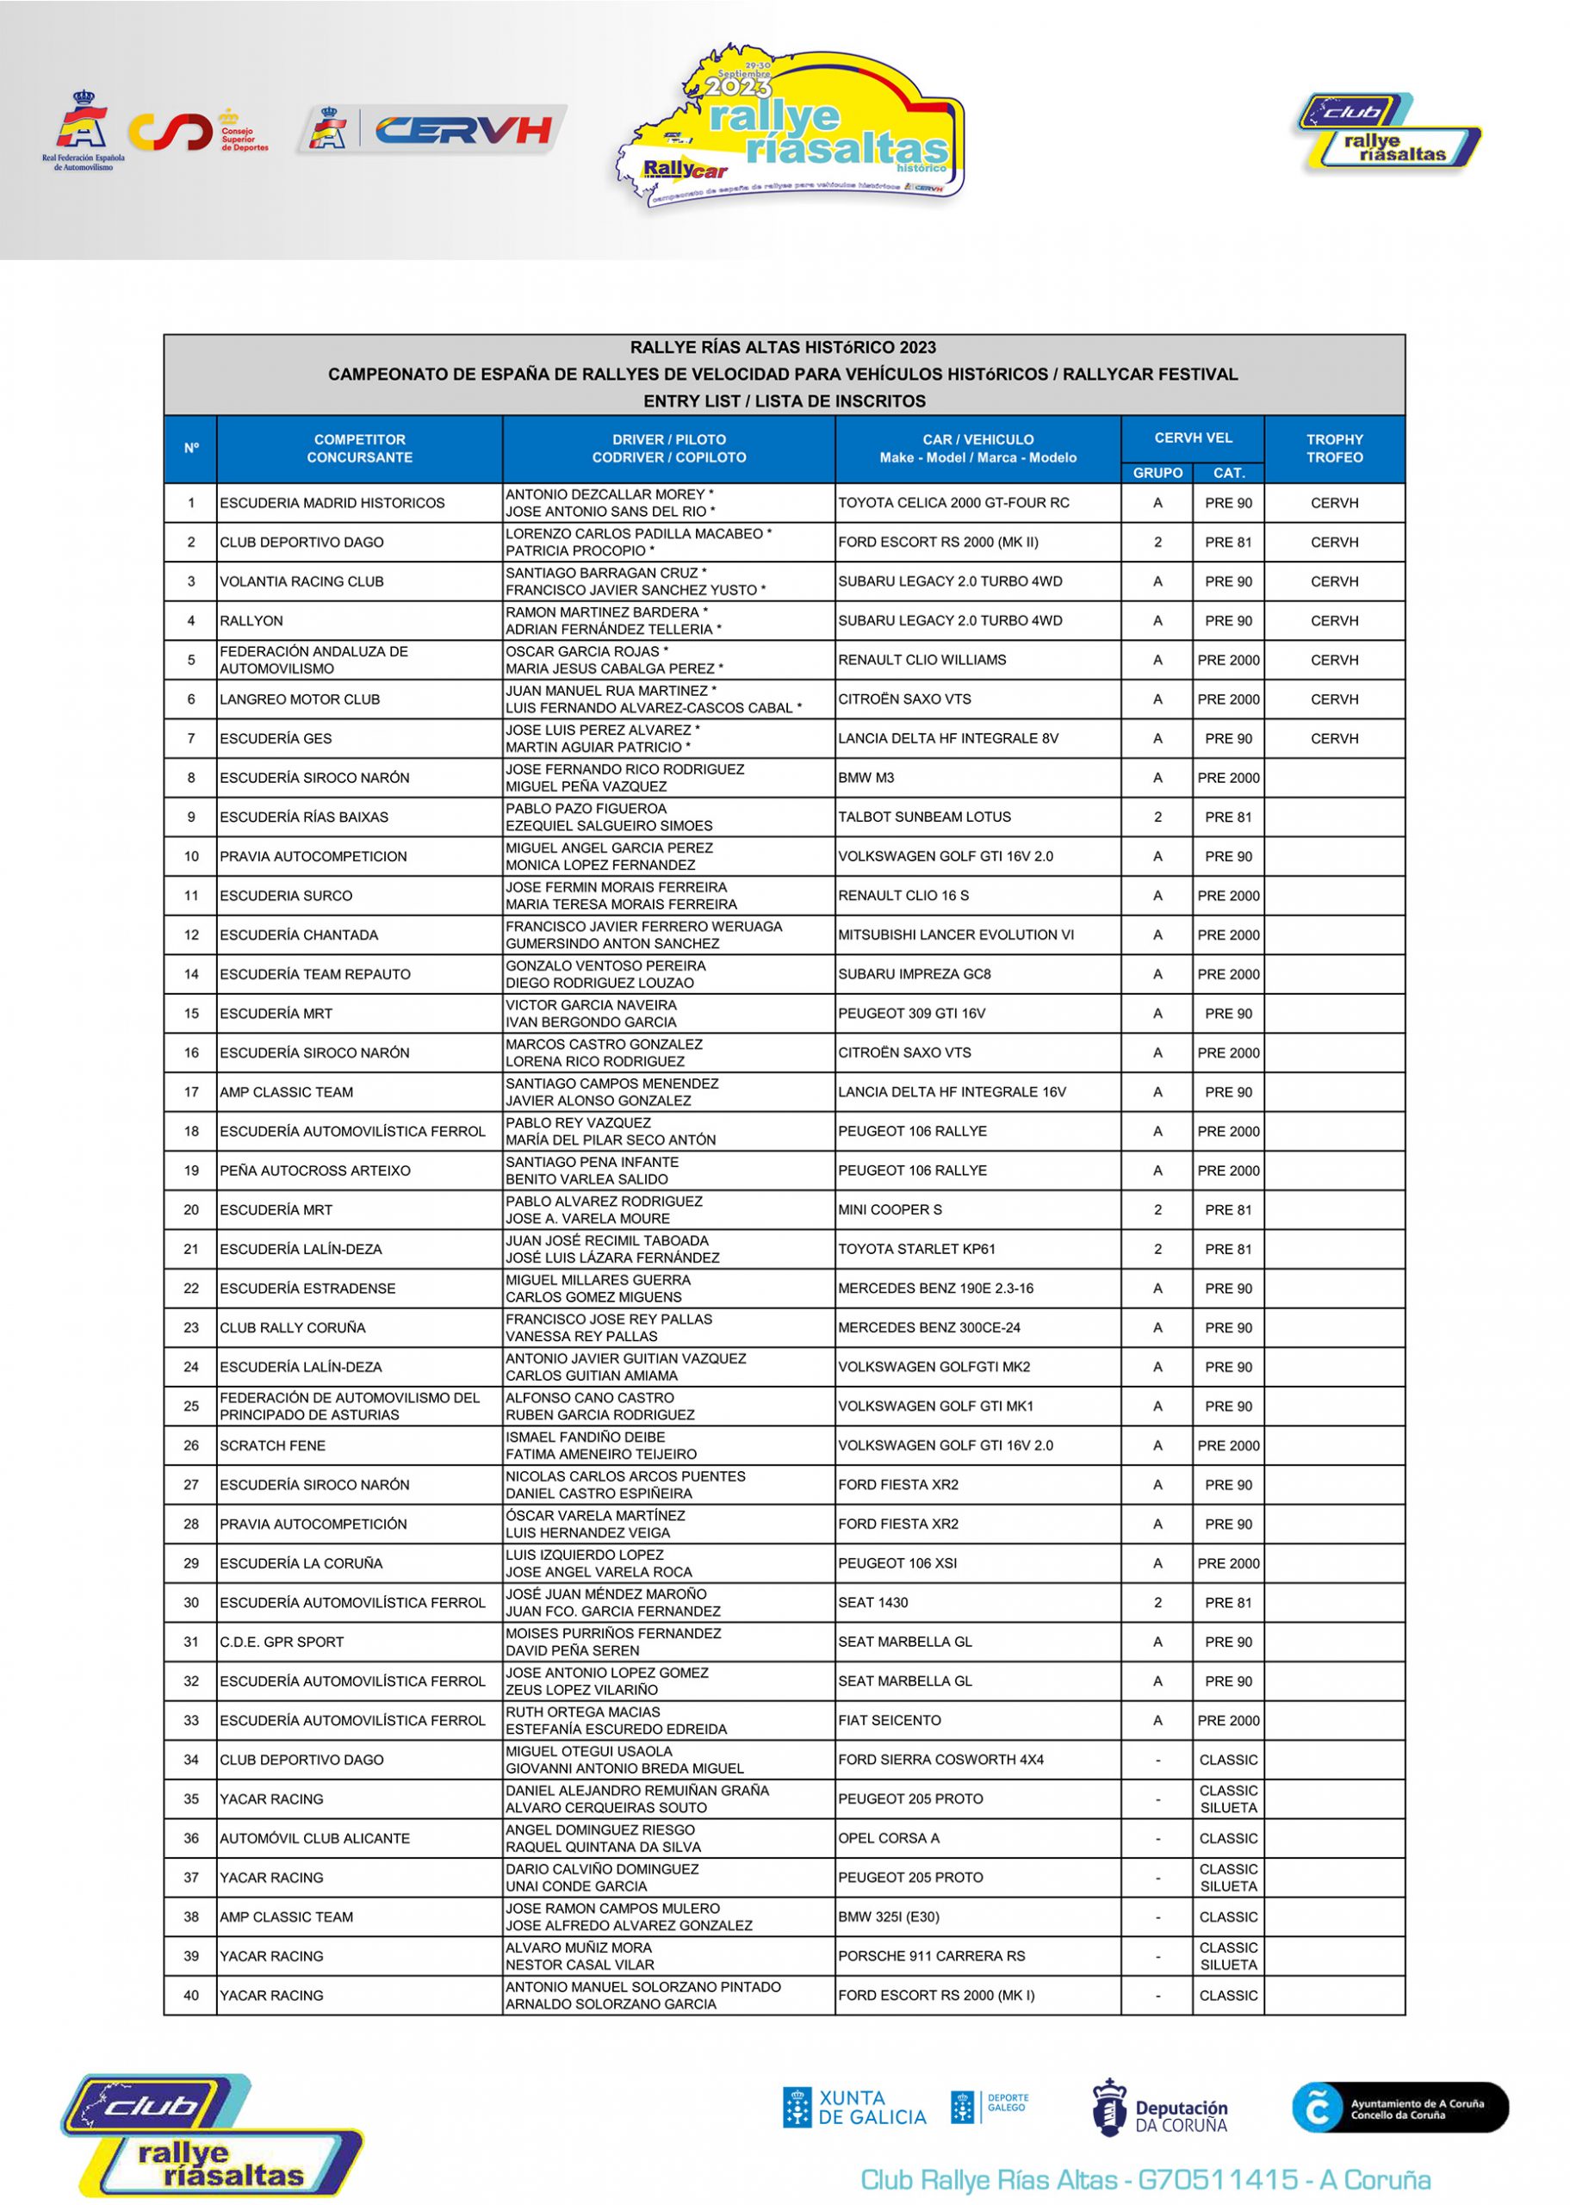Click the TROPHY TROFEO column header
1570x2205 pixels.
[1334, 449]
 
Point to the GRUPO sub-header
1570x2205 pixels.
[1157, 473]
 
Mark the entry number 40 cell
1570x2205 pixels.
[191, 1995]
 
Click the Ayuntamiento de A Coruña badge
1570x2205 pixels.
[1399, 2108]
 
